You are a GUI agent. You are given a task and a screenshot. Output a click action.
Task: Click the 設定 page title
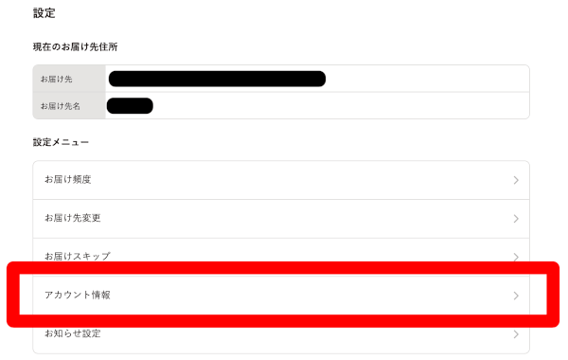coord(44,13)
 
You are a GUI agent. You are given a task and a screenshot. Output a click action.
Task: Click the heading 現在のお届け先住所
coord(75,46)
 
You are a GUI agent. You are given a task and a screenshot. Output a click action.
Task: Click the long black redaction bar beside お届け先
coord(217,79)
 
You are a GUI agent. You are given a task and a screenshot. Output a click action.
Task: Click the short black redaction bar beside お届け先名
coord(130,105)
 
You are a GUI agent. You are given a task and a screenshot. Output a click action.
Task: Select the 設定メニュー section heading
coord(61,142)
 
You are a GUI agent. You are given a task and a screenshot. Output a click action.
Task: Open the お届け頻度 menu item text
coord(67,179)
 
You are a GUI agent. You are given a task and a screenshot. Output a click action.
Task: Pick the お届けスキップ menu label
coord(77,256)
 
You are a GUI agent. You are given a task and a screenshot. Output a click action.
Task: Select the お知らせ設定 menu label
coord(72,333)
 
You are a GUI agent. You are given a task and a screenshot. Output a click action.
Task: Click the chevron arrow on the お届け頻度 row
coord(516,180)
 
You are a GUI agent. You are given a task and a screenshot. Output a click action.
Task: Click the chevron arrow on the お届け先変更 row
coord(516,219)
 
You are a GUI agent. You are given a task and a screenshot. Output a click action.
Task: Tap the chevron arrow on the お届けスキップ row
coord(516,257)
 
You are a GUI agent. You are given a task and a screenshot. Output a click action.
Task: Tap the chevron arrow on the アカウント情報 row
coord(516,296)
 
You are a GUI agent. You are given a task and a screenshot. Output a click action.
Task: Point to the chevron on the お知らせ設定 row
coord(516,334)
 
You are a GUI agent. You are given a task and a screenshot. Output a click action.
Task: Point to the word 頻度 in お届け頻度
coord(81,179)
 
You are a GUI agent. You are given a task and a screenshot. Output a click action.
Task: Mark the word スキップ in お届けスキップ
coord(93,256)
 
